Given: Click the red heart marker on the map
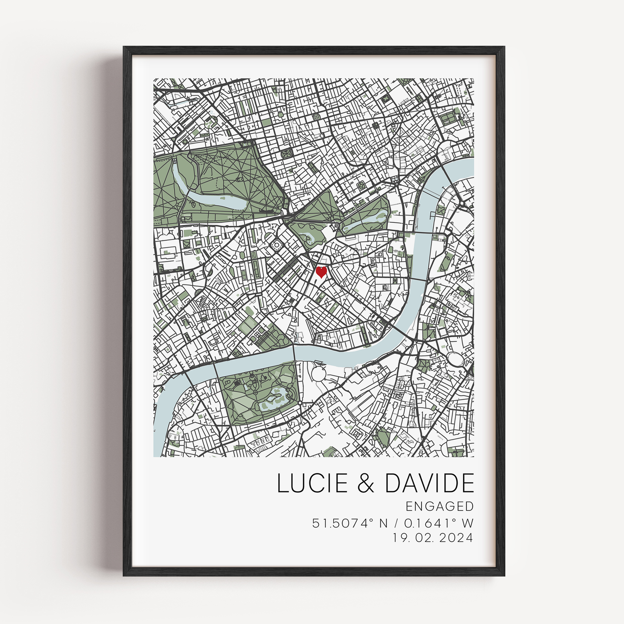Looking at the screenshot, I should [x=321, y=272].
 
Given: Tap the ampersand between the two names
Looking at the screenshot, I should [x=366, y=483].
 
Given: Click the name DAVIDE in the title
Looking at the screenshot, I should [x=429, y=483].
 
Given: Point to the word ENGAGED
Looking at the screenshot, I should [x=440, y=506].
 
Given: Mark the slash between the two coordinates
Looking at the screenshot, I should [x=396, y=523].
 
